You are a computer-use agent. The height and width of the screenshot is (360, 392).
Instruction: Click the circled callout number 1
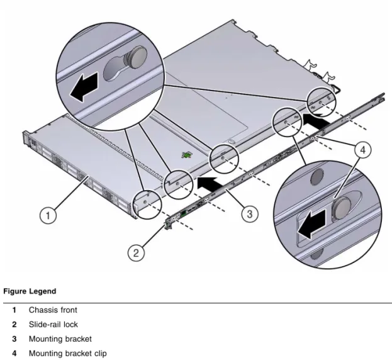pos(48,215)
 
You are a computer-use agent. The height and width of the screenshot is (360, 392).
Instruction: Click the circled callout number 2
pos(136,253)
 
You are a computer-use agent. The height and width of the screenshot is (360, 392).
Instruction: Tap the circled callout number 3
pos(250,214)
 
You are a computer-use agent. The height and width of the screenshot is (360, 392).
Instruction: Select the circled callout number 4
pos(363,150)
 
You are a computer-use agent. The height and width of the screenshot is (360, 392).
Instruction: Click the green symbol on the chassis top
pos(187,155)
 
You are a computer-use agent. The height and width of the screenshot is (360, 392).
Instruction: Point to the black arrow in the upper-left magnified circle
pos(84,86)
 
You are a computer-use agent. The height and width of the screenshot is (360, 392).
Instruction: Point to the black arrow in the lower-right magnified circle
pos(311,224)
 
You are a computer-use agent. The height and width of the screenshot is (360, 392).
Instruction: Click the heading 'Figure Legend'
pos(30,291)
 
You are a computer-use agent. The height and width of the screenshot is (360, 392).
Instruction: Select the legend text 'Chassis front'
pos(53,310)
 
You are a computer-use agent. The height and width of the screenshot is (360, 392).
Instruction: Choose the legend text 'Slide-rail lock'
pos(53,325)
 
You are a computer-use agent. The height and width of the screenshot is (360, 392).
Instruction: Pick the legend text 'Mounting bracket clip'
pos(68,354)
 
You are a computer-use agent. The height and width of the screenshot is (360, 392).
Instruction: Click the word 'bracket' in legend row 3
pos(78,339)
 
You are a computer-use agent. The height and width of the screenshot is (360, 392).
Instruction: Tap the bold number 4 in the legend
pos(14,354)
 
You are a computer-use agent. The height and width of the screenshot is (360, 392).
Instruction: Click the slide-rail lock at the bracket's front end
pos(167,225)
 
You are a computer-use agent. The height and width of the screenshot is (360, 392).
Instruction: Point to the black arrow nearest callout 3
pos(210,184)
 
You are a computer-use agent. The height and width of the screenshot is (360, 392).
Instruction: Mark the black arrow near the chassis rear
pos(316,121)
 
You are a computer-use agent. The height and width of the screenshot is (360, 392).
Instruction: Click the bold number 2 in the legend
pos(14,325)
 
